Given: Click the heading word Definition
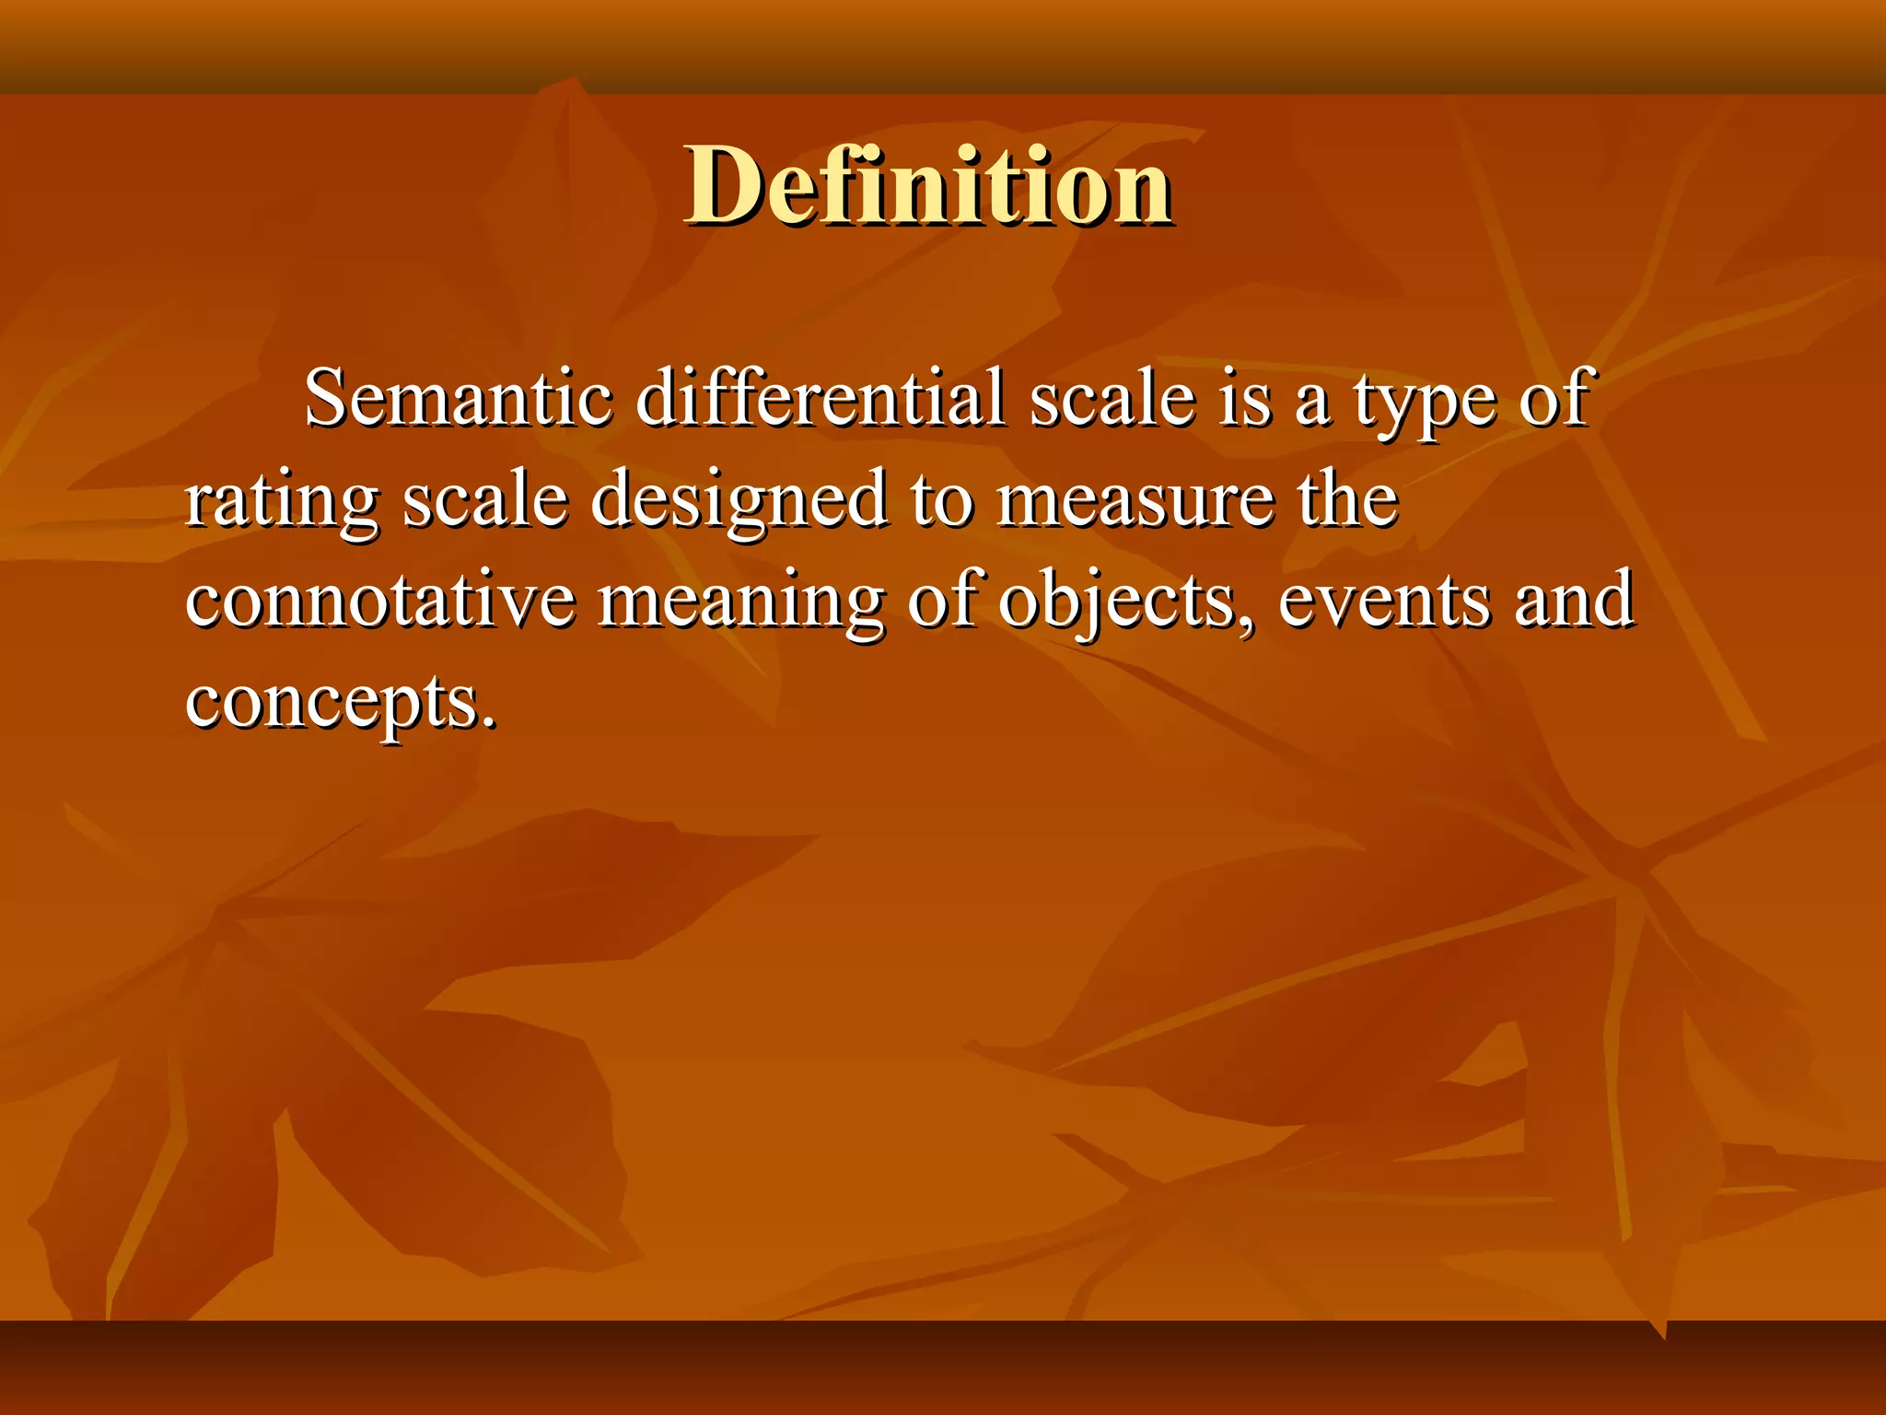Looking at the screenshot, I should [927, 187].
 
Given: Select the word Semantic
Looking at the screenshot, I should [458, 400].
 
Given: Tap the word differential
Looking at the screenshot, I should [820, 400].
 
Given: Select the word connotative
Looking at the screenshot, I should [380, 601].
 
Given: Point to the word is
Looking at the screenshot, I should [1243, 400].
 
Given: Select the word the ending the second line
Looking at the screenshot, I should [1348, 499].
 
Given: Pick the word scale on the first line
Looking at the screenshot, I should [1112, 400].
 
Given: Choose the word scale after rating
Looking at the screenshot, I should [485, 500].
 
